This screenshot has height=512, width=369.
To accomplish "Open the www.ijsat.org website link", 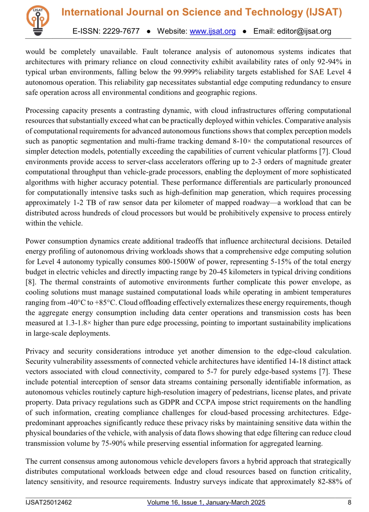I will coord(212,31).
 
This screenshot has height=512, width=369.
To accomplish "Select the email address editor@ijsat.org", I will coord(304,31).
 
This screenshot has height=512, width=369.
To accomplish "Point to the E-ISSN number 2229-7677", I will coord(121,31).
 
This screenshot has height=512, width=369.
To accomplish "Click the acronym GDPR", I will coord(170,402).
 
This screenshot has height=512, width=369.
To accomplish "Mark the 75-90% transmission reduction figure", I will coord(113,443).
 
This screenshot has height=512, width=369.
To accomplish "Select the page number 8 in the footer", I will coord(349,502).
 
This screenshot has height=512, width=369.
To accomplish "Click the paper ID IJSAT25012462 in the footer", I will coord(48,502).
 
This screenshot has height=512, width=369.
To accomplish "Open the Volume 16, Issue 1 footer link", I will coord(206,502).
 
